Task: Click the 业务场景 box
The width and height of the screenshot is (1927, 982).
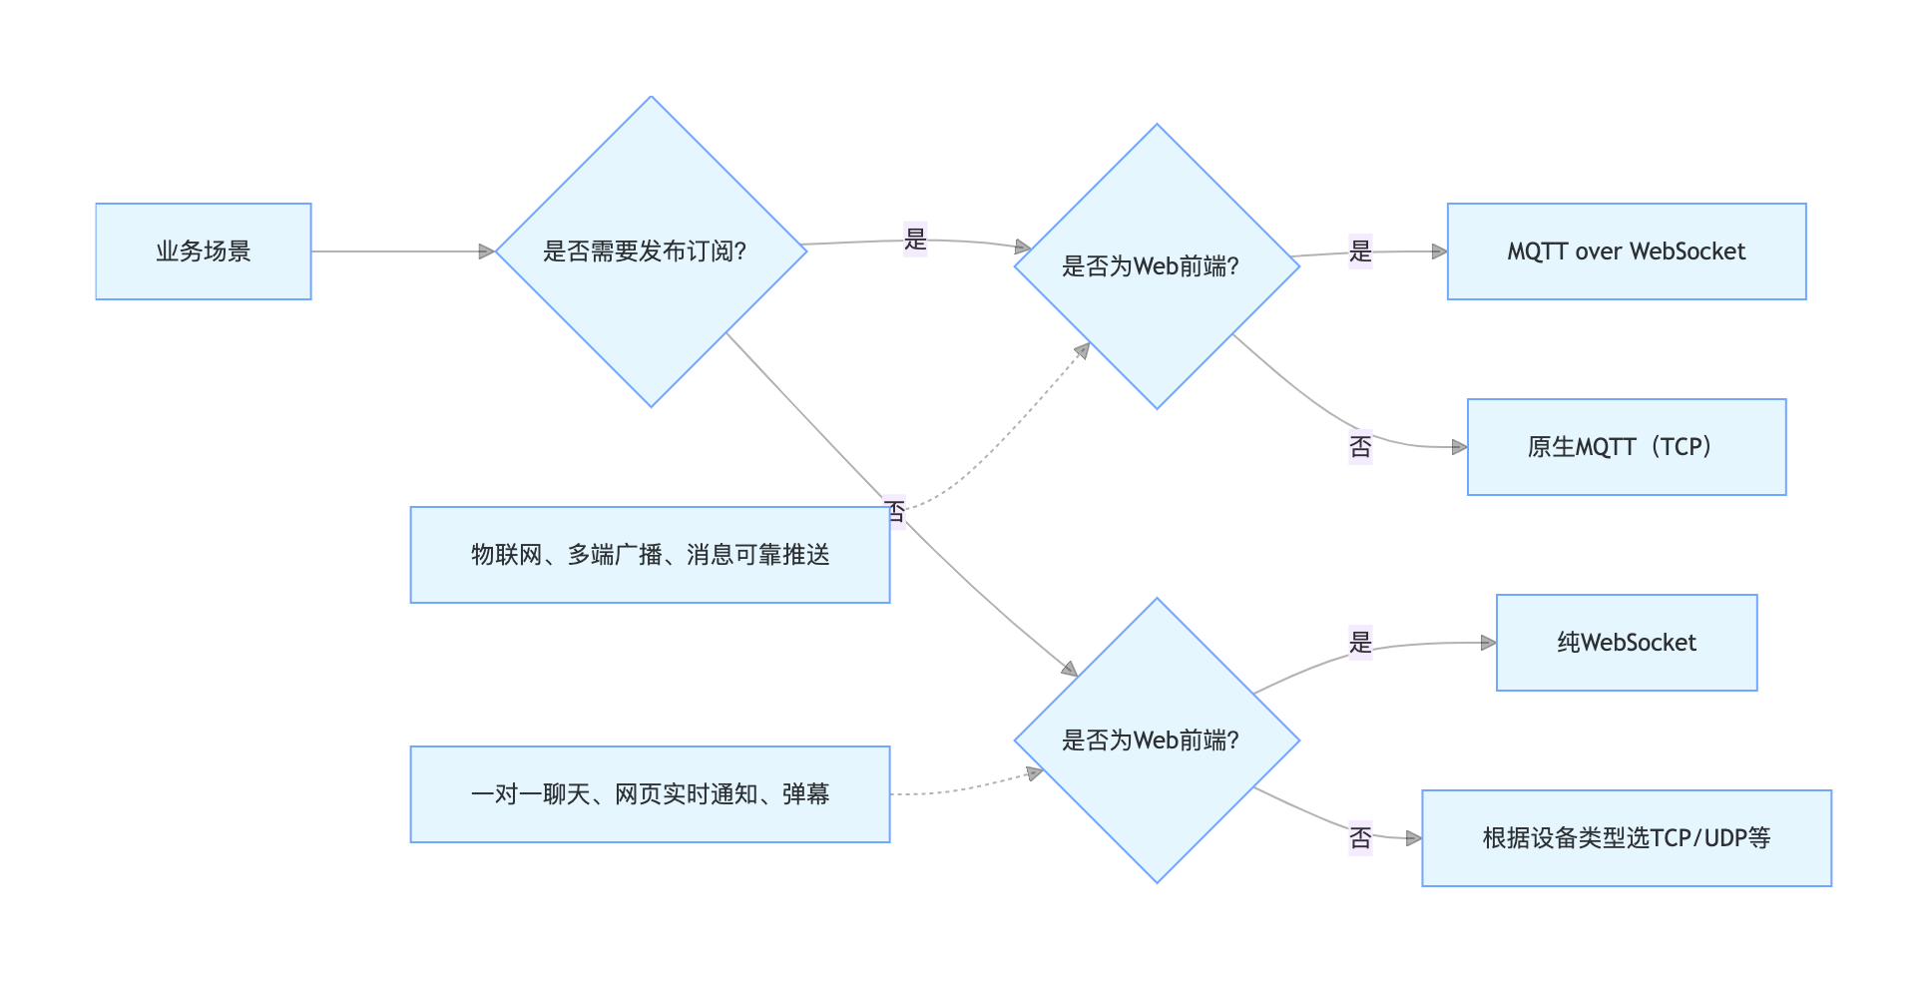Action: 203,251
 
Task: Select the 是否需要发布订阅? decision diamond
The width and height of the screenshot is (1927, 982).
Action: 651,251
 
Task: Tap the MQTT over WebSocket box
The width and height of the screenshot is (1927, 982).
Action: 1626,251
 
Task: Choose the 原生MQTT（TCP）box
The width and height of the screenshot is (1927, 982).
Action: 1626,447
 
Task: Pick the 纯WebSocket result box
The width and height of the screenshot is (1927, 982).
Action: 1626,643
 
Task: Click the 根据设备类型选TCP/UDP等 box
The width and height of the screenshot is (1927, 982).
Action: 1626,838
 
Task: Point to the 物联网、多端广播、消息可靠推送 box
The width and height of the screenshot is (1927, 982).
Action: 650,555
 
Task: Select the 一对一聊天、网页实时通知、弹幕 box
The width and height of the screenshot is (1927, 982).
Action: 650,794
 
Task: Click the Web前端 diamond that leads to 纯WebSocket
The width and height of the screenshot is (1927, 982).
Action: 1157,740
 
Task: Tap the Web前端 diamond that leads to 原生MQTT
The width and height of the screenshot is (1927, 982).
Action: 1157,266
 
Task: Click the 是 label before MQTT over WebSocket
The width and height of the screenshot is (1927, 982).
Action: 1360,251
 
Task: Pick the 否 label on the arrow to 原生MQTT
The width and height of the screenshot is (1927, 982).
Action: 1360,446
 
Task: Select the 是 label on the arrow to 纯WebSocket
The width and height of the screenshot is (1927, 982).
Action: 1360,642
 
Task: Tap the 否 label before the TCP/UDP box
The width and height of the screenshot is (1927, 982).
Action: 1360,837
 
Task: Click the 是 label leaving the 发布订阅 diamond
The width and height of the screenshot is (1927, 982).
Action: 915,240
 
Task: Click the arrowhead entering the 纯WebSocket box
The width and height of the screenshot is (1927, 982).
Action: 1489,643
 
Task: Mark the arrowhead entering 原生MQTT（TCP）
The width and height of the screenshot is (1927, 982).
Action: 1460,447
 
